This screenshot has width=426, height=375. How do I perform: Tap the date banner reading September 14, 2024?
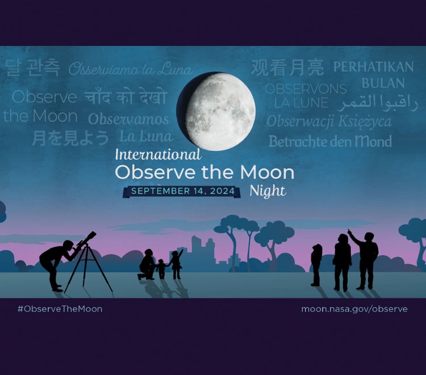(x=182, y=191)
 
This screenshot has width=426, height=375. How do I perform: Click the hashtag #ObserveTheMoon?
(x=60, y=309)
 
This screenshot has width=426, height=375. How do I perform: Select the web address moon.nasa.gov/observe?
(x=354, y=309)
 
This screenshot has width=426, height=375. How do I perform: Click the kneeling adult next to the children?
(x=147, y=264)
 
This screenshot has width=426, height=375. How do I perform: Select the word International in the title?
(x=158, y=154)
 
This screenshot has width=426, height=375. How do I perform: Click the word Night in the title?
(x=268, y=191)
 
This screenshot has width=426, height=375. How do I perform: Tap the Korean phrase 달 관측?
(x=32, y=68)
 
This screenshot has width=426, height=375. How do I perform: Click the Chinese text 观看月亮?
(x=287, y=68)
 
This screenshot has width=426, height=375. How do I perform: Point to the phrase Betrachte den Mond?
(x=330, y=141)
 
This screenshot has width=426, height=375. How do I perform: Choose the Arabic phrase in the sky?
(x=377, y=103)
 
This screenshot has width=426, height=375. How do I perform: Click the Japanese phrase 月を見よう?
(x=70, y=137)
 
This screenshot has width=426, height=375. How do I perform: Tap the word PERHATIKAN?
(x=373, y=67)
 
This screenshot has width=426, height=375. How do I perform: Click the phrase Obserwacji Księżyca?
(x=329, y=121)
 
